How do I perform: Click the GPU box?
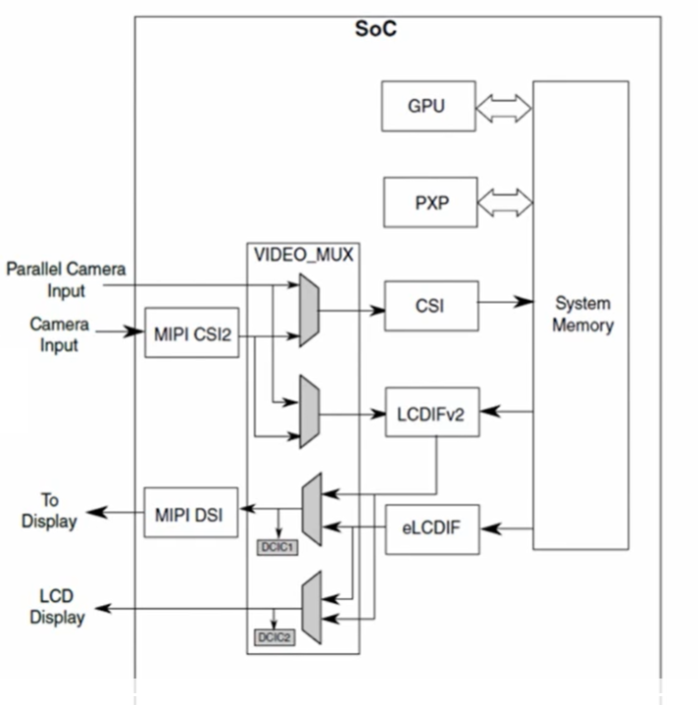pyautogui.click(x=426, y=106)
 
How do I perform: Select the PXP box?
pyautogui.click(x=429, y=202)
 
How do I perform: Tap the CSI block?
pyautogui.click(x=429, y=306)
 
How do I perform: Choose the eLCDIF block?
pyautogui.click(x=431, y=529)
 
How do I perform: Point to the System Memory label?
pyautogui.click(x=581, y=314)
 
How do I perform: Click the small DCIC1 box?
pyautogui.click(x=277, y=547)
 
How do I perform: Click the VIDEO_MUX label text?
pyautogui.click(x=304, y=255)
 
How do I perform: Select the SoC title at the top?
pyautogui.click(x=375, y=29)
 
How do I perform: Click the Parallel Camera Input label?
pyautogui.click(x=66, y=279)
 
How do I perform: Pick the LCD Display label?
pyautogui.click(x=57, y=607)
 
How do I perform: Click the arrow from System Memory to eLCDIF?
pyautogui.click(x=506, y=529)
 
